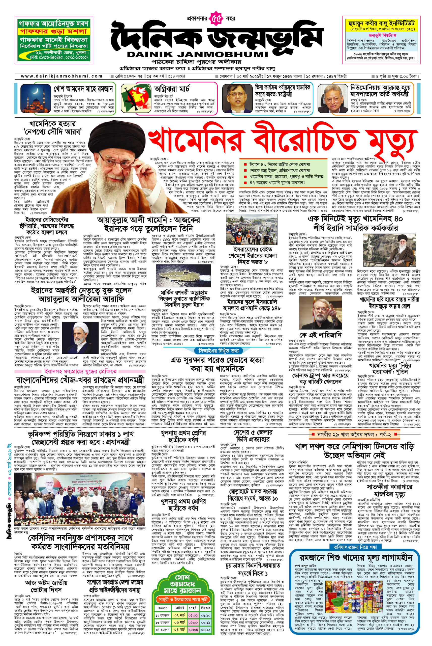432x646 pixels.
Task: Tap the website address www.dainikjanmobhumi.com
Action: pyautogui.click(x=62, y=76)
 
